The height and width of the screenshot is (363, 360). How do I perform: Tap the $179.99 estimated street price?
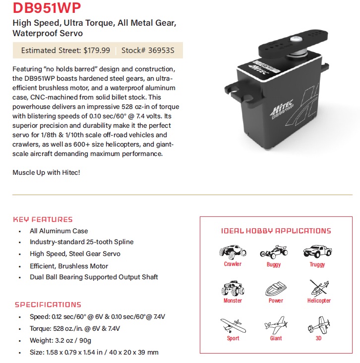pos(97,50)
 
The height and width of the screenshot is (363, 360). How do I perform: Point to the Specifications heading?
pos(48,305)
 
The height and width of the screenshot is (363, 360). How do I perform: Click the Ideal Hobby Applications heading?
pos(276,231)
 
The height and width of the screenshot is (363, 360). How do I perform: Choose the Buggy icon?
pos(274,252)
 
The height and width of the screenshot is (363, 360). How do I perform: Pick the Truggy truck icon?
pos(317,251)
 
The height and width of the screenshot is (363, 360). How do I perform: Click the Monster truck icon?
pos(232,288)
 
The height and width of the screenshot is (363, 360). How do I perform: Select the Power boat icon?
pos(275,289)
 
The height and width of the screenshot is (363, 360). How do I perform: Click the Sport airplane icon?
pos(233,325)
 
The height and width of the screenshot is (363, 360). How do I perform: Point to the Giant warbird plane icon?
pos(276,326)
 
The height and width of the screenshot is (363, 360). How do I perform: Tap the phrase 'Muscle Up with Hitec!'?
pos(46,172)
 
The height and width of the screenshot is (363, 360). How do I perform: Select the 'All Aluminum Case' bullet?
pos(59,231)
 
